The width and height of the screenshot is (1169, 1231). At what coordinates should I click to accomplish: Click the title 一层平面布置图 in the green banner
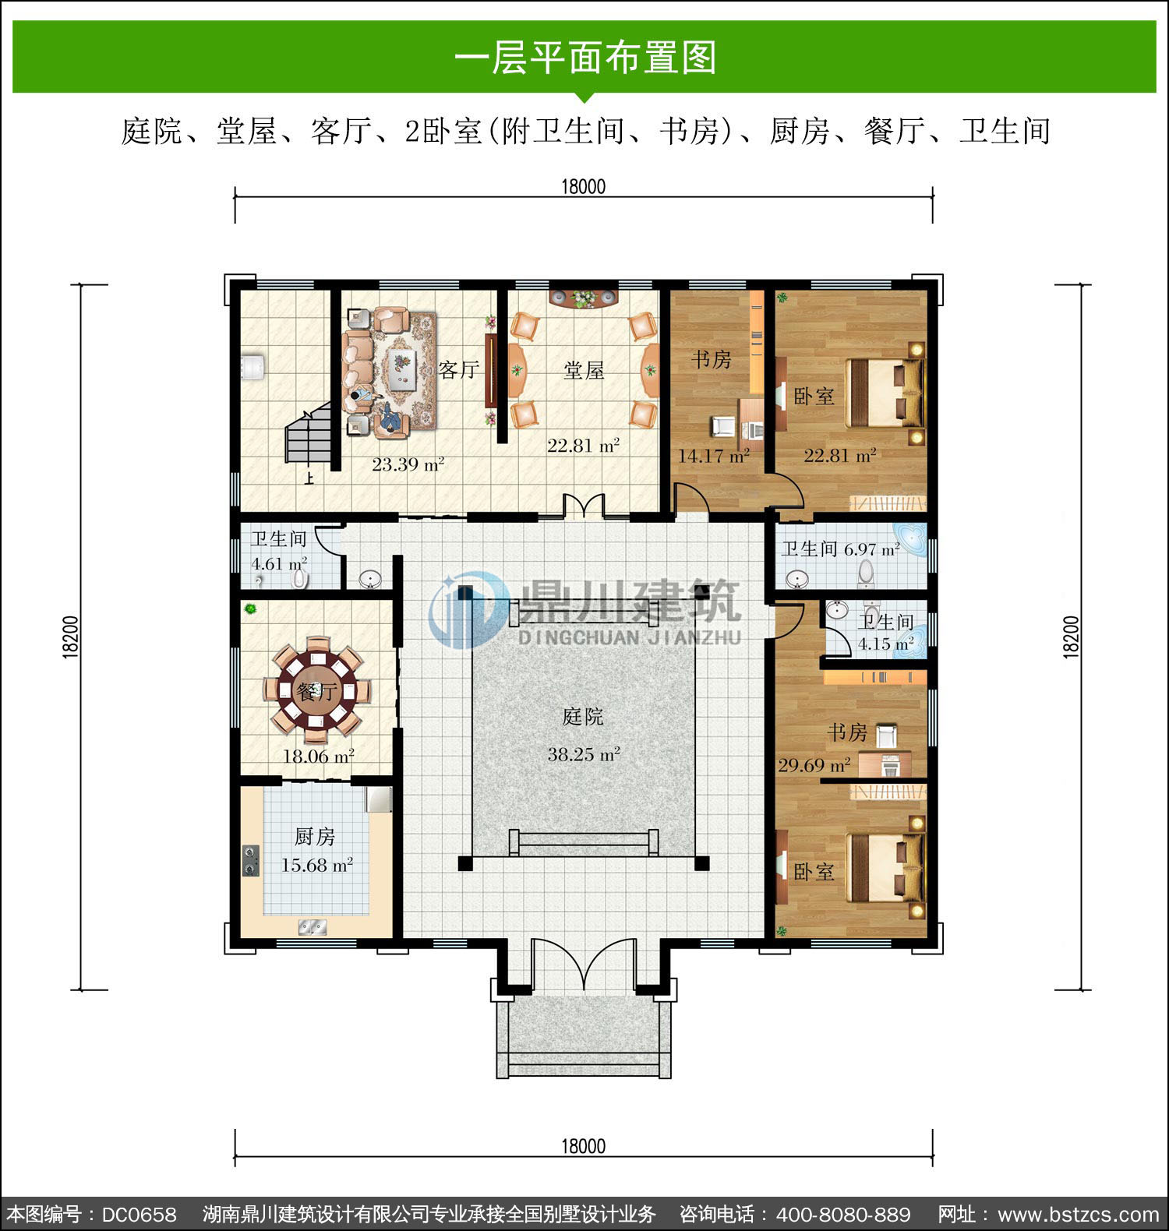584,58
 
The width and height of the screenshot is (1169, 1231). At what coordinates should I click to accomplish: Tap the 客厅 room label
458,369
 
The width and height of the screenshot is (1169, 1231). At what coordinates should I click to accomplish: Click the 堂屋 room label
584,370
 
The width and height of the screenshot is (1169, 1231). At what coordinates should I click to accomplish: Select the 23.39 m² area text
408,464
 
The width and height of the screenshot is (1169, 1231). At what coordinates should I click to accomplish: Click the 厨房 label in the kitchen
315,837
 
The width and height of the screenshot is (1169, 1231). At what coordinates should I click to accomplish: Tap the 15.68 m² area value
316,865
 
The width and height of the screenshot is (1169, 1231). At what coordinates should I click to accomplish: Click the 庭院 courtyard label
583,716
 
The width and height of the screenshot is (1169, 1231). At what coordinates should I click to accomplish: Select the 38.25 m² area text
583,753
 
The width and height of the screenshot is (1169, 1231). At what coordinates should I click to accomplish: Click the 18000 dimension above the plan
583,186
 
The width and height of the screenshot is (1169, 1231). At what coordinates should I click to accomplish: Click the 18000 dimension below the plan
583,1146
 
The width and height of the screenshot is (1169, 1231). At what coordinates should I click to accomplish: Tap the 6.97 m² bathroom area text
872,548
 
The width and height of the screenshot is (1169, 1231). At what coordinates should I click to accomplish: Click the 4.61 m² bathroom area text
278,563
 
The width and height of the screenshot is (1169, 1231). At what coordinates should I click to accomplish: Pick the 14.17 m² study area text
713,455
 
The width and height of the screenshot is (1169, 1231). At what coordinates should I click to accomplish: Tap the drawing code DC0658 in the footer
139,1215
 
